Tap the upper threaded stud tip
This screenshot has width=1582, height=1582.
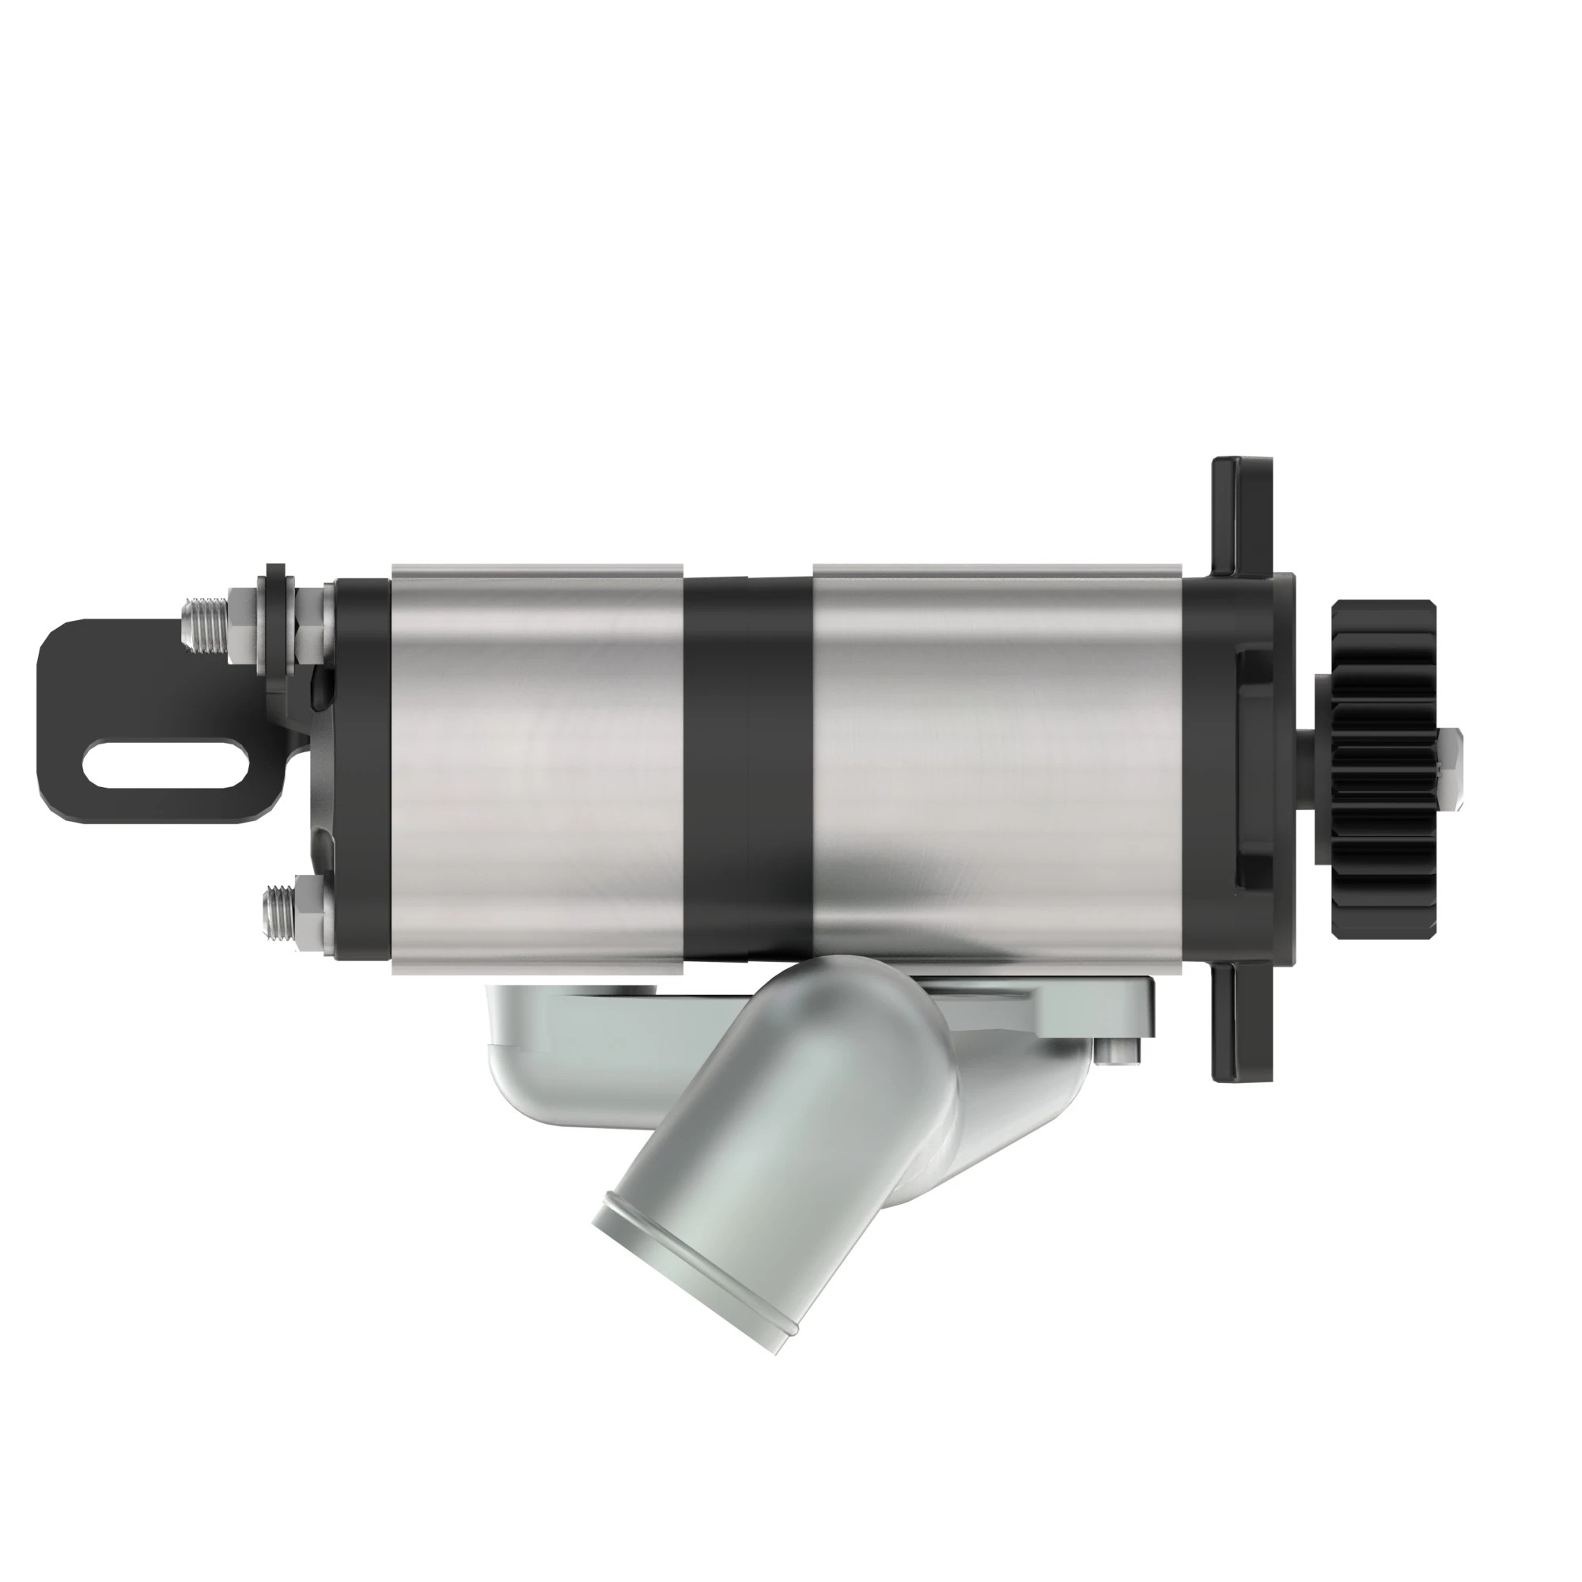pos(194,624)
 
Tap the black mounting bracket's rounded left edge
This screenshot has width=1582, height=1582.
pos(49,721)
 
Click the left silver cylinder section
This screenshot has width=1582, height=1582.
pos(536,770)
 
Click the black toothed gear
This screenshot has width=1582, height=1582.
pos(1383,770)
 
